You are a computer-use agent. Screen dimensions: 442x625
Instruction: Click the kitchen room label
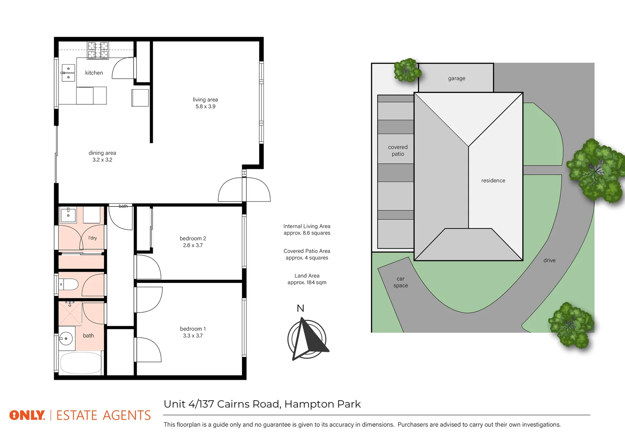click(94, 73)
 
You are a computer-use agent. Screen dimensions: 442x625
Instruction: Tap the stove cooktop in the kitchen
click(98, 50)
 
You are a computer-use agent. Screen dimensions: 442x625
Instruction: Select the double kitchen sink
click(68, 73)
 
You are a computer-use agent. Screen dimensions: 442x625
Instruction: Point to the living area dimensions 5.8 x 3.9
click(205, 106)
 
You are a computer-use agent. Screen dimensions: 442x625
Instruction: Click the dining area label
click(102, 153)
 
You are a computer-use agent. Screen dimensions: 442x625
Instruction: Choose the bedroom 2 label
click(193, 239)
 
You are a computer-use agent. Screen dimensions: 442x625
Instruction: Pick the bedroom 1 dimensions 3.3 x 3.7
click(193, 336)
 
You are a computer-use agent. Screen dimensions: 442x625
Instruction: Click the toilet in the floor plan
click(69, 284)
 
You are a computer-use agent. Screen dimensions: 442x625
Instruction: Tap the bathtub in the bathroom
click(81, 363)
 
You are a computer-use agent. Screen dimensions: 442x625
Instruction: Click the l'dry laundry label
click(93, 238)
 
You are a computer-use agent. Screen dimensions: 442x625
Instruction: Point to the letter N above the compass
click(300, 309)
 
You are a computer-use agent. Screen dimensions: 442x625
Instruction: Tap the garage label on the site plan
click(456, 79)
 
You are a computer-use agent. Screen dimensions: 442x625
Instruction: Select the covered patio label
click(398, 151)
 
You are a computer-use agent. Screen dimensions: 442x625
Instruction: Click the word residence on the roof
click(493, 180)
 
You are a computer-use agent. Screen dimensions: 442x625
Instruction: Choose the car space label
click(401, 282)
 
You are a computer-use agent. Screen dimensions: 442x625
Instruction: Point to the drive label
click(549, 260)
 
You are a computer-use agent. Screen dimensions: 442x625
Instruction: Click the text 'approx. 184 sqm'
click(307, 282)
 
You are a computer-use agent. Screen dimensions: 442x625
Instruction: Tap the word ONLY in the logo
click(27, 415)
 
